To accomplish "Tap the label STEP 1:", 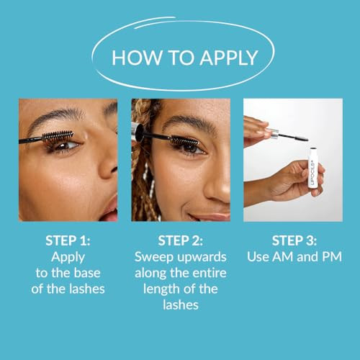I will pos(68,240).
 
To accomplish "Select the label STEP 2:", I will pos(180,240).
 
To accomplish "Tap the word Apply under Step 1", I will pos(68,256).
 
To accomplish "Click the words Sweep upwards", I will pos(180,256).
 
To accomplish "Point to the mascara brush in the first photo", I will pos(58,136).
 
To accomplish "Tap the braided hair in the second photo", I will pos(144,166).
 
